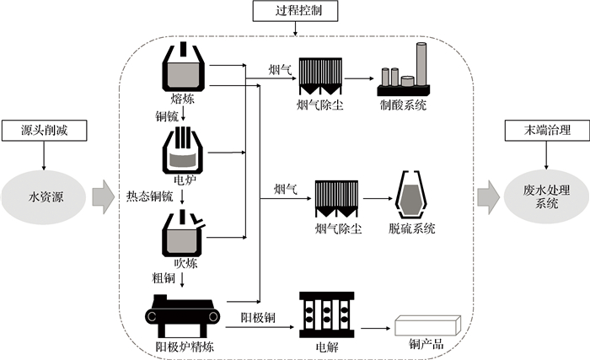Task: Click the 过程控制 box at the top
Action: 294,12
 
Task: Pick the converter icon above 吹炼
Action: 185,230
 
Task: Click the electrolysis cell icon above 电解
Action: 324,315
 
